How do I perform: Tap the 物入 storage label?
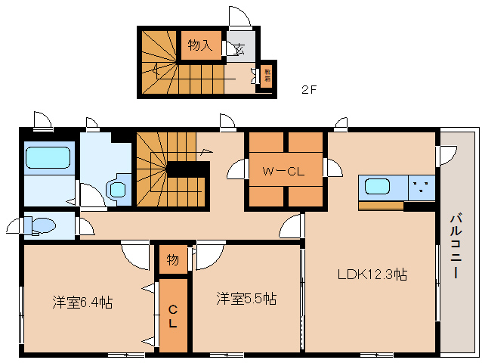tap(199, 45)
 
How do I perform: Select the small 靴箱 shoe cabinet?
tap(267, 76)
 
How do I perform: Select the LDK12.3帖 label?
tap(372, 275)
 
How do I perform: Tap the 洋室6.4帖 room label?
tap(82, 302)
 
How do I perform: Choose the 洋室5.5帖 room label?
tap(245, 298)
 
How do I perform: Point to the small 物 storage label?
tap(172, 260)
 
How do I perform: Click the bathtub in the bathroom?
tap(48, 158)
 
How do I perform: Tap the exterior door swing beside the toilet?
tap(15, 225)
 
